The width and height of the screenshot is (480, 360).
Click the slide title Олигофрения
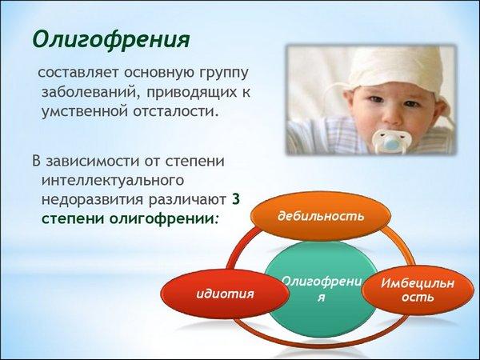tap(111, 40)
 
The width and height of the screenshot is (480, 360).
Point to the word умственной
tap(84, 111)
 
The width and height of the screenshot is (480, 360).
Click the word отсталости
tap(176, 111)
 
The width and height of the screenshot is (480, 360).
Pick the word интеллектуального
tap(113, 181)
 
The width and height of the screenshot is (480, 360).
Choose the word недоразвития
tap(92, 200)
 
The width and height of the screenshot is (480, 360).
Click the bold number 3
tap(235, 199)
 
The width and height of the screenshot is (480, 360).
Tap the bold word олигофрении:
tap(163, 219)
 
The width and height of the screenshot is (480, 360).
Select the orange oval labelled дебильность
tap(321, 216)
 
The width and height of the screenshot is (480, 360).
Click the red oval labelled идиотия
tap(225, 294)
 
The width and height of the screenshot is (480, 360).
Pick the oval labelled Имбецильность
tap(418, 290)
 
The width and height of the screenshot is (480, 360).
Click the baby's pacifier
tap(391, 141)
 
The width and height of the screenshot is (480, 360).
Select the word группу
tap(224, 74)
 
